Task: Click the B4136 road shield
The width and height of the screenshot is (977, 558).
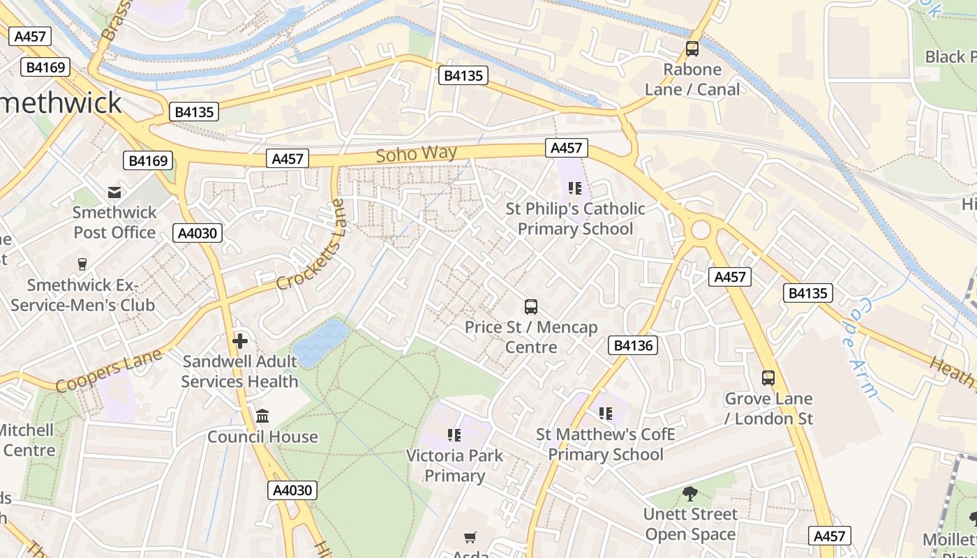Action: point(633,345)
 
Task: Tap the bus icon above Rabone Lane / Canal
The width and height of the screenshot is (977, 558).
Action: point(692,49)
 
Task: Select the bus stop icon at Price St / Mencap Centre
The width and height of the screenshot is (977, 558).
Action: point(531,306)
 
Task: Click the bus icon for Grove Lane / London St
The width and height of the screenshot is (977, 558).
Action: point(768,378)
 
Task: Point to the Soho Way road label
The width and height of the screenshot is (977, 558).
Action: point(416,153)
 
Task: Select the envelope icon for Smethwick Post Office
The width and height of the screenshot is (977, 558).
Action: point(114,192)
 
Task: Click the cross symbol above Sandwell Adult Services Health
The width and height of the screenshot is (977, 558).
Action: point(240,341)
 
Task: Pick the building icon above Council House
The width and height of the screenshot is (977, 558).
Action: point(262,416)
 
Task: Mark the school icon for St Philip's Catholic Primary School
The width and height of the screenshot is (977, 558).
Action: point(574,188)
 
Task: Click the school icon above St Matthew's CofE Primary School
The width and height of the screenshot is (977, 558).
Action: point(605,414)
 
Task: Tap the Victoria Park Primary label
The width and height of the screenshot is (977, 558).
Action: point(455,466)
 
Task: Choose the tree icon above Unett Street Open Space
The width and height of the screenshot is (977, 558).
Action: point(690,494)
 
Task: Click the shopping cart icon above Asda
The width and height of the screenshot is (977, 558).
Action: point(470,537)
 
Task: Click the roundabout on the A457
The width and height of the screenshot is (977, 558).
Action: point(701,229)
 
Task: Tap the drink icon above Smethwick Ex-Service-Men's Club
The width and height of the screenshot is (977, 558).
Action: point(82,264)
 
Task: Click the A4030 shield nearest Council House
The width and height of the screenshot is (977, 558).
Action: point(292,490)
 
